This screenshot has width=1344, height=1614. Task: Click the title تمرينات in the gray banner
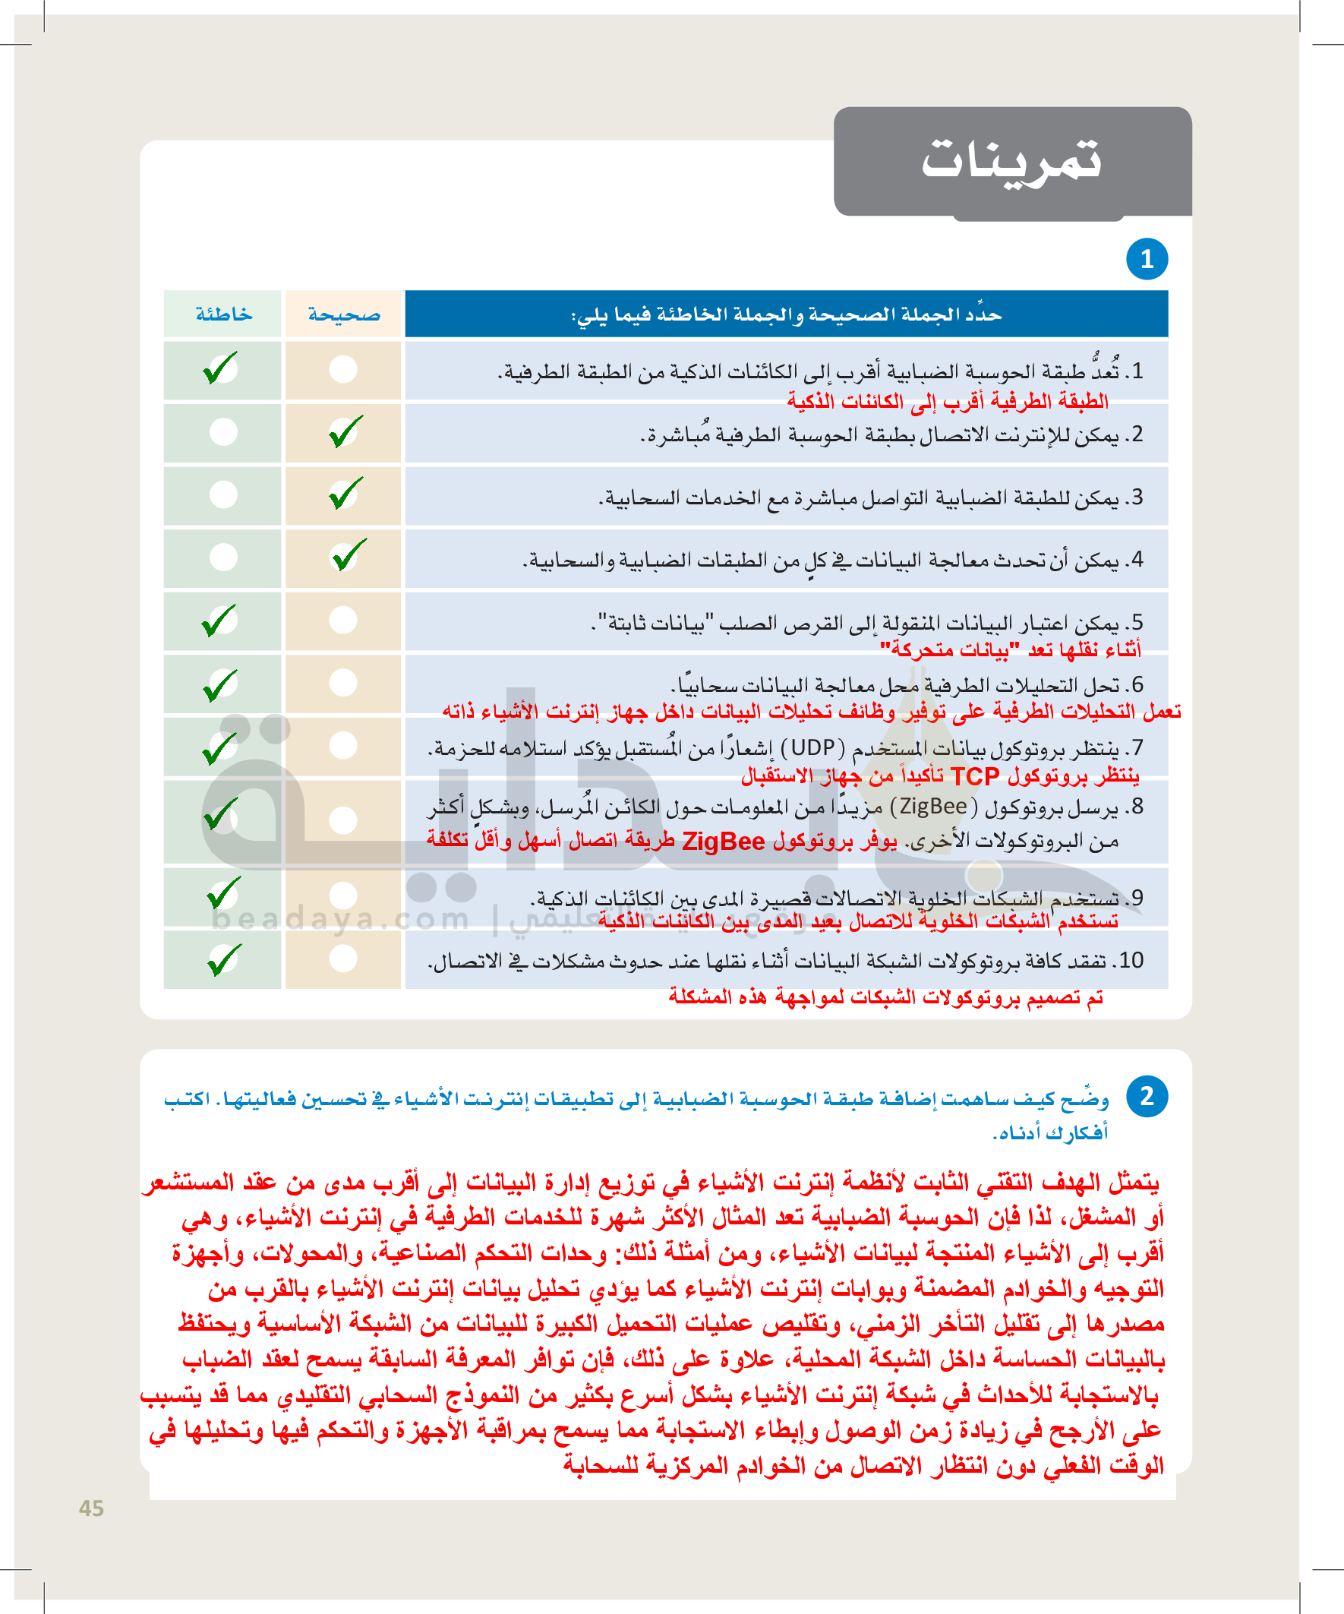pos(1011,160)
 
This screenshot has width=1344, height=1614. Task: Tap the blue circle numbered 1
pos(1147,259)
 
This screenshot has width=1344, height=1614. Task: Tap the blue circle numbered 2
pos(1147,1096)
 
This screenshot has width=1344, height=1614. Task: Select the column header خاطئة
pos(222,314)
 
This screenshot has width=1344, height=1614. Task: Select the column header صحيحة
pos(343,314)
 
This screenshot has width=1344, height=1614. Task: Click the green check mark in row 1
pos(220,368)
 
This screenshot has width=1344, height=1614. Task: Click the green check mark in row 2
pos(345,431)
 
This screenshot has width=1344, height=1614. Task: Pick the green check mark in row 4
pos(348,555)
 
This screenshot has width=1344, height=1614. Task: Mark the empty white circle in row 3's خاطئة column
pos(223,494)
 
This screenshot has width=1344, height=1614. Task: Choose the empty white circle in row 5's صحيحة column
pos(343,620)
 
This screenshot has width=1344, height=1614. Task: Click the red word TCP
pos(974,777)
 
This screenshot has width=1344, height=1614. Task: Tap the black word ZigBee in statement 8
pos(933,806)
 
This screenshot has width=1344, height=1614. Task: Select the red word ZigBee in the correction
pos(723,842)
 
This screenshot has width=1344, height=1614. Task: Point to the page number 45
pos(91,1508)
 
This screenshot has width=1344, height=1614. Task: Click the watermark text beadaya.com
pos(339,919)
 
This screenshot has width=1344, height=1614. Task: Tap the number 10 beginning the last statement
pos(1131,961)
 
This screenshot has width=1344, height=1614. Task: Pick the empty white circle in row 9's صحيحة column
pos(343,895)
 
